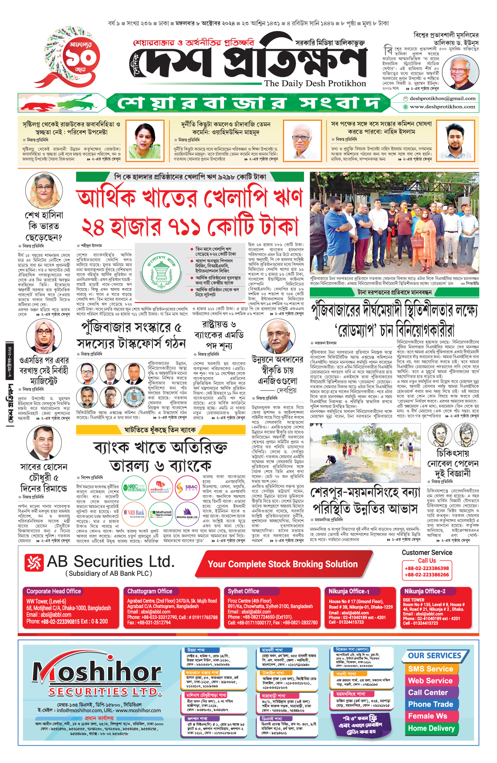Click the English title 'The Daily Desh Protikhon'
pos(315,83)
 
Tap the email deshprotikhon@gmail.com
pos(442,99)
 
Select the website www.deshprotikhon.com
pos(442,107)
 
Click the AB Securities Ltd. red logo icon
pos(34,562)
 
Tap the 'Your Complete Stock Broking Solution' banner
pos(282,564)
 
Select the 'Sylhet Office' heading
pos(243,591)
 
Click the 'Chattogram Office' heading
pos(150,591)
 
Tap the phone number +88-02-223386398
pos(427,568)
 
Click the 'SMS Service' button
pos(430,669)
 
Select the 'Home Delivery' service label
pos(431,728)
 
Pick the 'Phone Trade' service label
pos(430,704)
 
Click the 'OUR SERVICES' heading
pos(434,656)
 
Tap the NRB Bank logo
pos(135,513)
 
